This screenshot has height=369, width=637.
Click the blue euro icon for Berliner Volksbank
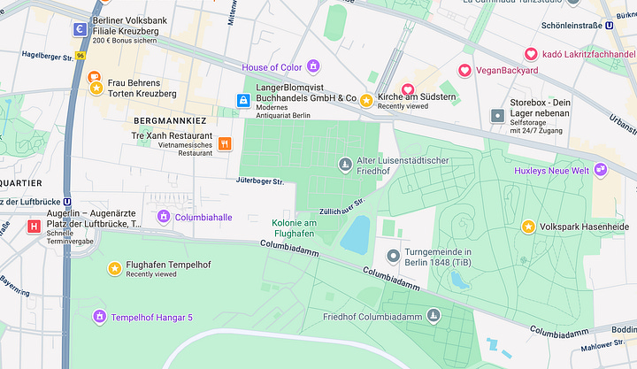pyautogui.click(x=81, y=29)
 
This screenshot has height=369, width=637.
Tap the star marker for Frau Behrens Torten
pyautogui.click(x=95, y=87)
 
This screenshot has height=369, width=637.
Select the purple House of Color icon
pyautogui.click(x=313, y=67)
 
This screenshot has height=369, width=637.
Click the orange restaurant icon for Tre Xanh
pyautogui.click(x=225, y=143)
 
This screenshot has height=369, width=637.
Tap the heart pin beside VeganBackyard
pyautogui.click(x=464, y=71)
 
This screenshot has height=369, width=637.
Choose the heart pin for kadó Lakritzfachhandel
pyautogui.click(x=531, y=55)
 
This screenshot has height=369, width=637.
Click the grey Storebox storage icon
pyautogui.click(x=496, y=116)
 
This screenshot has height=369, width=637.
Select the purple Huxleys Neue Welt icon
pyautogui.click(x=601, y=170)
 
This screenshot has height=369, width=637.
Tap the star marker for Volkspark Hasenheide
pyautogui.click(x=528, y=227)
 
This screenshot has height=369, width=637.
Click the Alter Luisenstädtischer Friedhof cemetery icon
pyautogui.click(x=345, y=164)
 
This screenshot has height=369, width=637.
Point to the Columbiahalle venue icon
pyautogui.click(x=163, y=217)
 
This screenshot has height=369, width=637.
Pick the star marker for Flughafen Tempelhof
pyautogui.click(x=114, y=268)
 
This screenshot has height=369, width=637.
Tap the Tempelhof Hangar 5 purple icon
pyautogui.click(x=99, y=317)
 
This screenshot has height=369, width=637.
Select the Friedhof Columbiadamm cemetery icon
pyautogui.click(x=434, y=316)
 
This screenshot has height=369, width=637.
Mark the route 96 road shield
pyautogui.click(x=80, y=55)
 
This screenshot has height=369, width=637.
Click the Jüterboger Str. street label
pyautogui.click(x=259, y=181)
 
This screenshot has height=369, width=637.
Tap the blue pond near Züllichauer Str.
pyautogui.click(x=356, y=234)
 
